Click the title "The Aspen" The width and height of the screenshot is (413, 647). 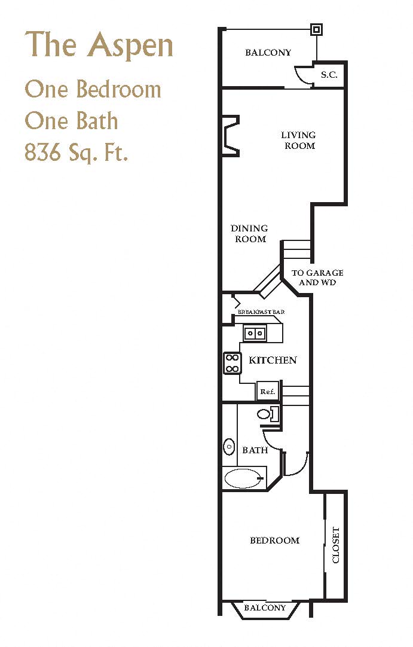pyautogui.click(x=99, y=45)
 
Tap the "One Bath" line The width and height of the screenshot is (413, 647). pyautogui.click(x=71, y=121)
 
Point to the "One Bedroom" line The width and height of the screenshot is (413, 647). pyautogui.click(x=93, y=90)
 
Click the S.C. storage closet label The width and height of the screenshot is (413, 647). pyautogui.click(x=329, y=75)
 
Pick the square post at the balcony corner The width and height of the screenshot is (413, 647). pyautogui.click(x=316, y=29)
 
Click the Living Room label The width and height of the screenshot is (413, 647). pyautogui.click(x=299, y=141)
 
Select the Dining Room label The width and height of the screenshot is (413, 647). pyautogui.click(x=249, y=233)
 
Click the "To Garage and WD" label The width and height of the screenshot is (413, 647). pyautogui.click(x=317, y=277)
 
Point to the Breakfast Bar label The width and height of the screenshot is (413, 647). pyautogui.click(x=261, y=312)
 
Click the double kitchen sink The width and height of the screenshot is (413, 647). pyautogui.click(x=255, y=333)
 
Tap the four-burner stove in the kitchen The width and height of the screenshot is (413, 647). pyautogui.click(x=232, y=363)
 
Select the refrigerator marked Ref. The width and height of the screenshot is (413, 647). pyautogui.click(x=267, y=392)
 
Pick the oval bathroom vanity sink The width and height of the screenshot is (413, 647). pyautogui.click(x=229, y=446)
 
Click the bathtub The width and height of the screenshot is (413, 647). pyautogui.click(x=243, y=478)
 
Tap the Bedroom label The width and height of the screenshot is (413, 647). pyautogui.click(x=274, y=541)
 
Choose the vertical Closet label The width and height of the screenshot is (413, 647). pyautogui.click(x=335, y=545)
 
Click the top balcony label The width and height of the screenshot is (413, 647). pyautogui.click(x=268, y=53)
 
